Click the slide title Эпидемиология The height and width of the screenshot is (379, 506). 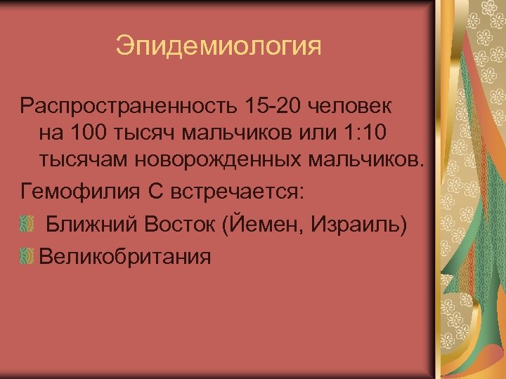click(x=219, y=47)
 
